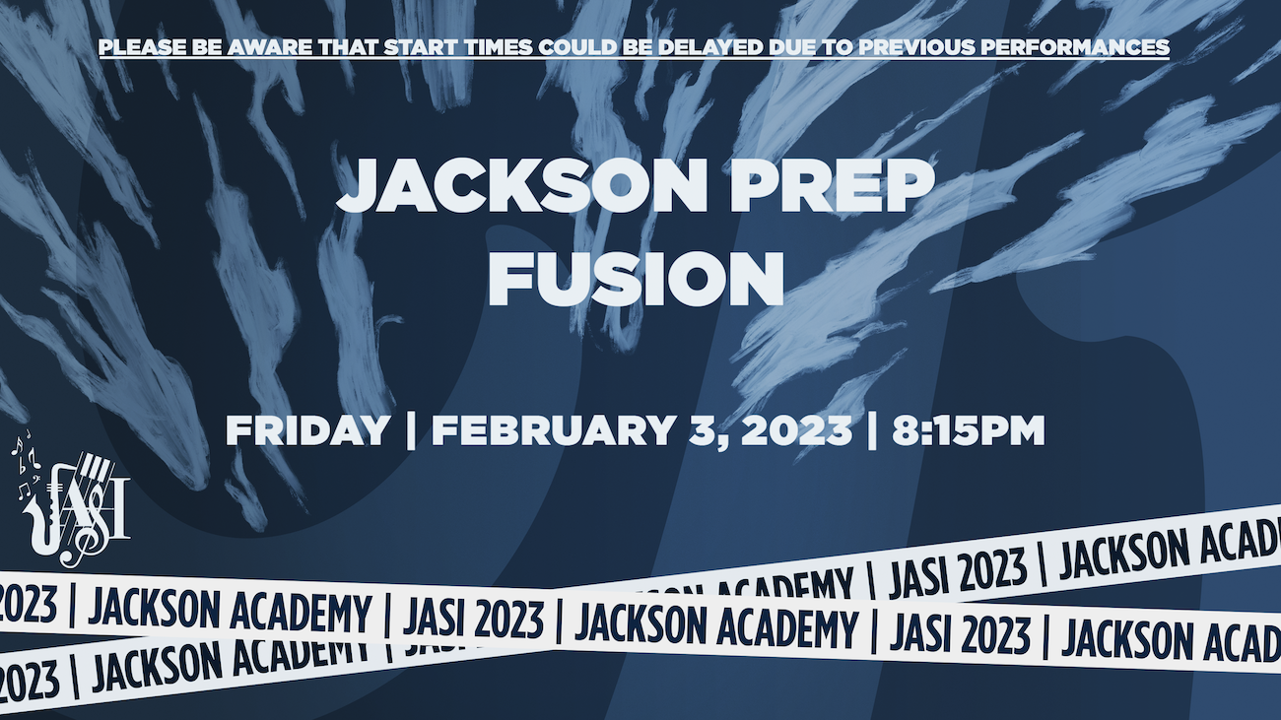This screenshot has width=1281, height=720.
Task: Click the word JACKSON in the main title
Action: click(522, 186)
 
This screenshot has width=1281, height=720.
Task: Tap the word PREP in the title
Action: click(833, 186)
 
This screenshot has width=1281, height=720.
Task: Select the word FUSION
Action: click(636, 279)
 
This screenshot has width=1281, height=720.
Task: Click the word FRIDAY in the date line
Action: click(307, 430)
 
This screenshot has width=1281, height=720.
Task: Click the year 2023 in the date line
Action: click(796, 430)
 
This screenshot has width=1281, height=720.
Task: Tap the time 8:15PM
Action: click(969, 430)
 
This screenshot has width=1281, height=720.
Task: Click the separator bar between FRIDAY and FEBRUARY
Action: click(411, 431)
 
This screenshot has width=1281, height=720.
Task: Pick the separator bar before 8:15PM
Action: click(872, 431)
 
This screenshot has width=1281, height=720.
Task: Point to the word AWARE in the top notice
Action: click(270, 47)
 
